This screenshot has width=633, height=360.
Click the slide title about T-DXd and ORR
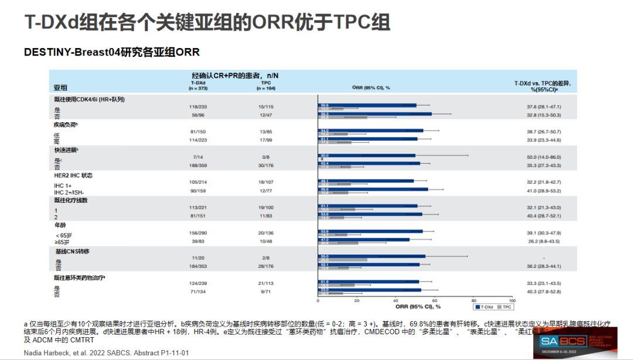click(207, 22)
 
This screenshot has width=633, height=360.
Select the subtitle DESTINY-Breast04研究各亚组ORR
click(112, 52)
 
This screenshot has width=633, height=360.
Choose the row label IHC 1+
click(64, 185)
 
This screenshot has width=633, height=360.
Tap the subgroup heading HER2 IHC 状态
click(73, 175)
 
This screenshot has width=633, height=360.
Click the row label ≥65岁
click(62, 241)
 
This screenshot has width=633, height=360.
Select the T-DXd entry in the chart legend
click(483, 307)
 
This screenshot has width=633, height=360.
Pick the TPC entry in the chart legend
click(504, 307)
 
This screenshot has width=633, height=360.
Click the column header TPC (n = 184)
click(266, 86)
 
